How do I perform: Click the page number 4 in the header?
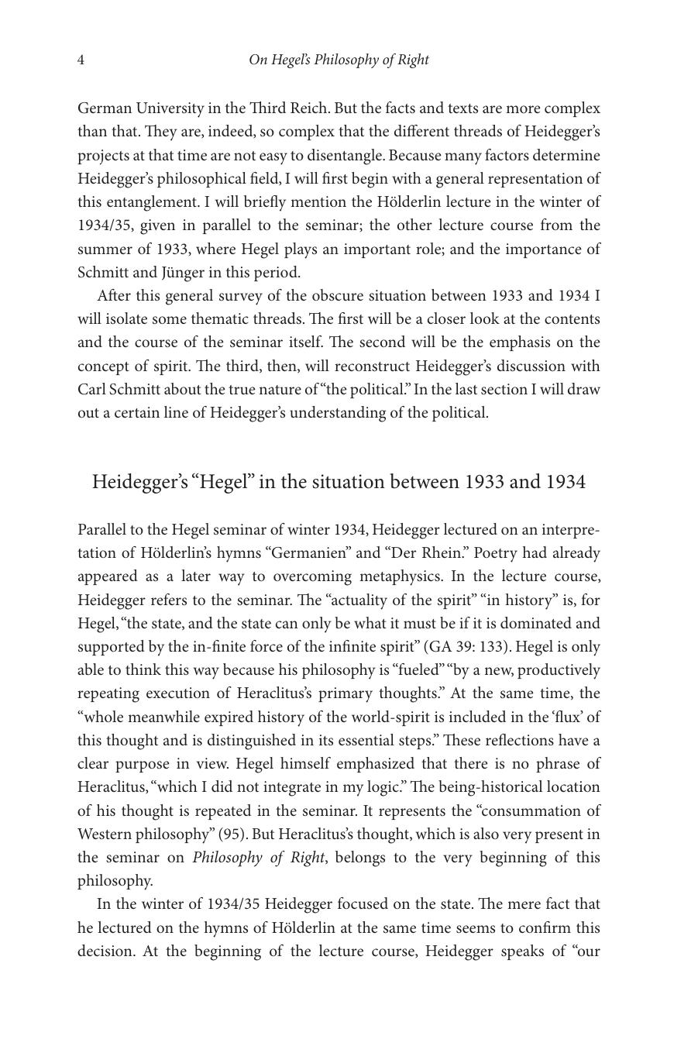81,60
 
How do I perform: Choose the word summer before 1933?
104,249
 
